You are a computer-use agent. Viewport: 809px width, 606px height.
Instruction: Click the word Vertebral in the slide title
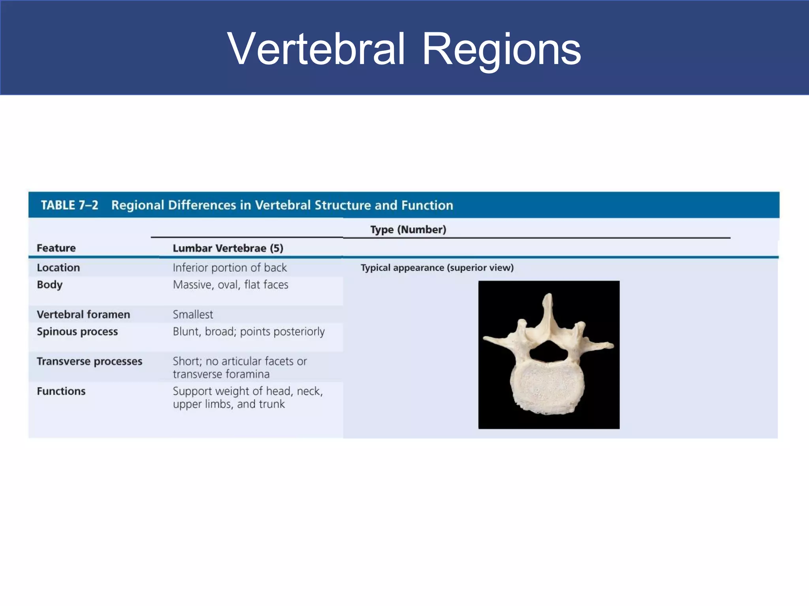pos(316,49)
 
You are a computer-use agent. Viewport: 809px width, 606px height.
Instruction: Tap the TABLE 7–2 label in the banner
pos(70,205)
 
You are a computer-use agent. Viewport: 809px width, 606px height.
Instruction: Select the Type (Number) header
pos(408,230)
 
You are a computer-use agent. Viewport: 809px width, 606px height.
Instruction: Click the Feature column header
pos(56,248)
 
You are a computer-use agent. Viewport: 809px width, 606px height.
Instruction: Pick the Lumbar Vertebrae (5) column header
pos(228,248)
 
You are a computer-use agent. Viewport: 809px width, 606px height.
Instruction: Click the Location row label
pos(58,267)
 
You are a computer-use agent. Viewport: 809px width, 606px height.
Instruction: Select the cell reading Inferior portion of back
pos(230,267)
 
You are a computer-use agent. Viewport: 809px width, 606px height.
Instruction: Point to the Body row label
pos(49,284)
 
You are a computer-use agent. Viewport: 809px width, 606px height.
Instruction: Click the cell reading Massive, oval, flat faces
pos(230,284)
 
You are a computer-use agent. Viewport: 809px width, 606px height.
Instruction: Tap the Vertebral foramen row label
pos(83,314)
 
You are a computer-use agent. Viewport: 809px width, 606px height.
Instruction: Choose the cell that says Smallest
pos(193,314)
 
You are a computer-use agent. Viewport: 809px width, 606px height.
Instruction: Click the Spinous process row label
pos(77,331)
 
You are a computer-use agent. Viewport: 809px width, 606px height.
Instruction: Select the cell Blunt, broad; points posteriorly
pos(248,331)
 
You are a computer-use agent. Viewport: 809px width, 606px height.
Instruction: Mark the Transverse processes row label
pos(89,361)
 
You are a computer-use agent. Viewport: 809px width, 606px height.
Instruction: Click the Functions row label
pos(61,391)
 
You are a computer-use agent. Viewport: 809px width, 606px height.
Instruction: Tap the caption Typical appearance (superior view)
pos(437,267)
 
